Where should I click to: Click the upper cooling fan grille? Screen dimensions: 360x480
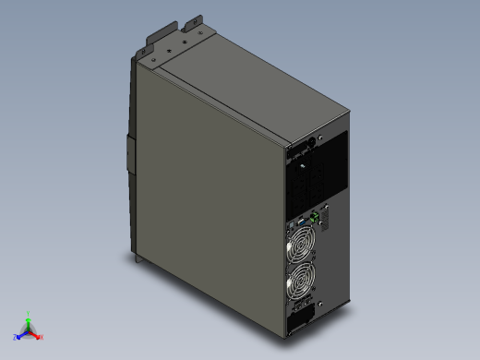coord(303,246)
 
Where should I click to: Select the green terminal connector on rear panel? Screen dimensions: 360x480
coord(316,218)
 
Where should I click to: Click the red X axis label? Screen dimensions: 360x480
coord(42,337)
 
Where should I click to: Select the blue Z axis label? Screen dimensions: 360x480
coord(15,336)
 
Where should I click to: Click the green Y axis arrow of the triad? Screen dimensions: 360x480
coord(29,320)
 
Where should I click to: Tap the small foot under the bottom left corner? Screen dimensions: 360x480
coord(138,260)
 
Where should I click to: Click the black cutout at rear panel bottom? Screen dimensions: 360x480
coord(302,322)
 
